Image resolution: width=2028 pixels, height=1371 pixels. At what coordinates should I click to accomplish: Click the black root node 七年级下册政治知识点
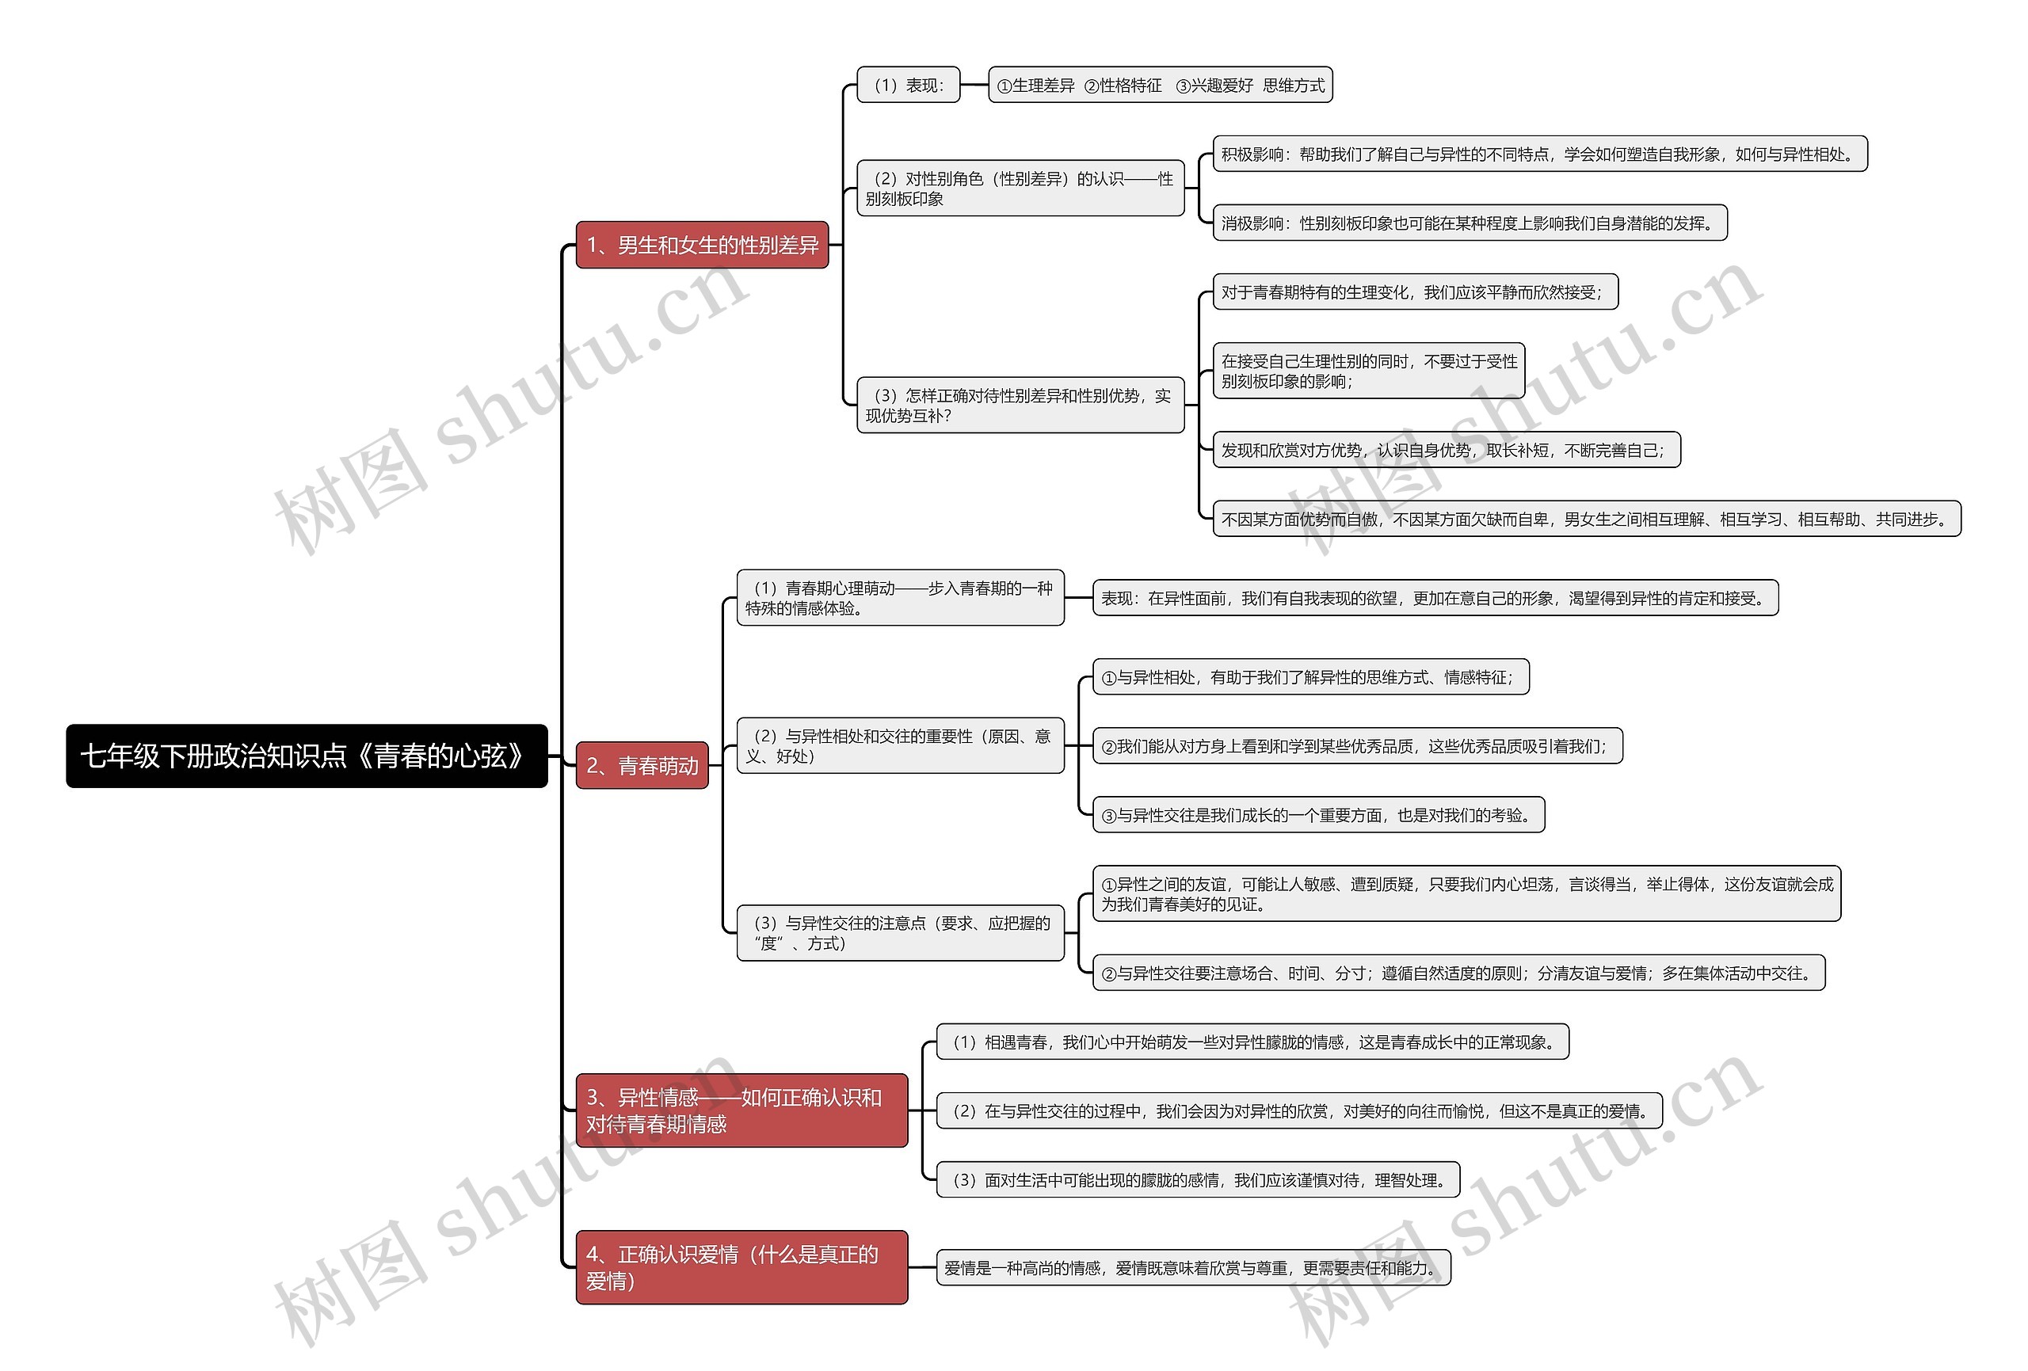click(307, 756)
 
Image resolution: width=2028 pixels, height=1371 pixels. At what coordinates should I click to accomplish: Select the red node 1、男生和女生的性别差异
click(702, 246)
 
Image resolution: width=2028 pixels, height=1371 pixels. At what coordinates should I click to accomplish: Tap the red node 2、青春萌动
click(642, 765)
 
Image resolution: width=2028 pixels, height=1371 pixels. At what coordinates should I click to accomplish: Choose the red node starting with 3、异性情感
click(741, 1110)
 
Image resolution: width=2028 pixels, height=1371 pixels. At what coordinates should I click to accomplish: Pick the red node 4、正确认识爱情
click(741, 1267)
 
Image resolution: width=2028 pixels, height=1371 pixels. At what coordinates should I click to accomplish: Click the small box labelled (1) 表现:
click(908, 85)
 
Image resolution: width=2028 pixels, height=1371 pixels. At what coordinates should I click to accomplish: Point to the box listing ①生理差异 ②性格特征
click(1160, 85)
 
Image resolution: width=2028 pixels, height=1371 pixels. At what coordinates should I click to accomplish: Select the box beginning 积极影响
click(1539, 154)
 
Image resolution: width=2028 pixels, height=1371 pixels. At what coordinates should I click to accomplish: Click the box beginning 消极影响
click(1470, 223)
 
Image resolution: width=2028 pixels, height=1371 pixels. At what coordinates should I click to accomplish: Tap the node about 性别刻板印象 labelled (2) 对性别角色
click(1020, 189)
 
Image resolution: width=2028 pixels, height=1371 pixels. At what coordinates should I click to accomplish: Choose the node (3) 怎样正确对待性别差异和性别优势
click(1020, 405)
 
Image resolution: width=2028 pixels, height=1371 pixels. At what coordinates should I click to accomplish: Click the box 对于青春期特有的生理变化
click(1415, 292)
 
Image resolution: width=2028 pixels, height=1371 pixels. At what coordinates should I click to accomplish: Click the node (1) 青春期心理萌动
click(900, 598)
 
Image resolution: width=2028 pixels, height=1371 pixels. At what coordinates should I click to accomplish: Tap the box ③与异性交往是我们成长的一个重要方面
click(1317, 815)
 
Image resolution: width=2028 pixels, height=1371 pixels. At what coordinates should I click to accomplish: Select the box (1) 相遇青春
click(1252, 1042)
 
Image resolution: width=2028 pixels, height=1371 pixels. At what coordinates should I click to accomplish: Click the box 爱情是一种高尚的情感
click(1193, 1268)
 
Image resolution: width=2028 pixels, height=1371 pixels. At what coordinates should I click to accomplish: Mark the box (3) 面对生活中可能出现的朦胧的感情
click(1197, 1180)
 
